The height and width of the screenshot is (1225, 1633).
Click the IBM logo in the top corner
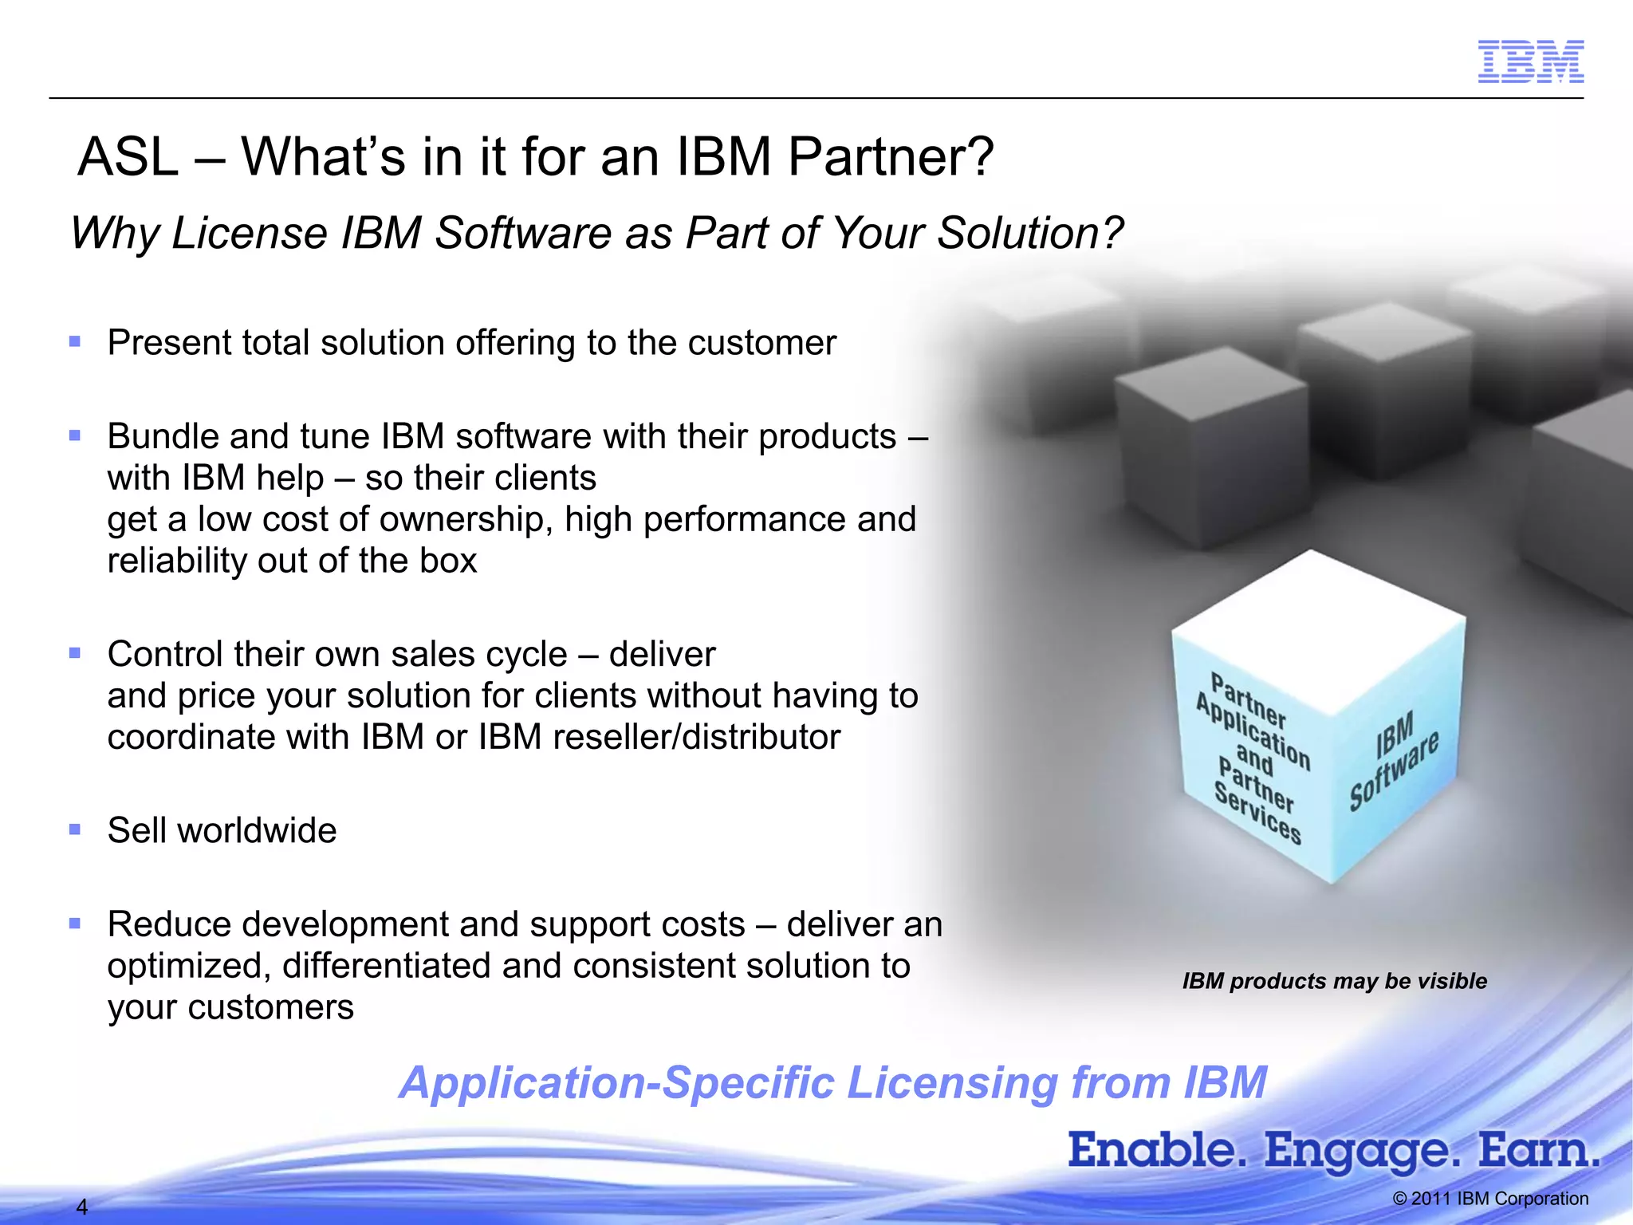point(1530,61)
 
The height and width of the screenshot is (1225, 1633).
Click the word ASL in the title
point(128,157)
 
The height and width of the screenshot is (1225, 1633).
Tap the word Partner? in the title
point(891,157)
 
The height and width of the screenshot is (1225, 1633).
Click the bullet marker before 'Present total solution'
point(75,342)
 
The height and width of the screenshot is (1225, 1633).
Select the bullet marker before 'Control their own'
point(75,653)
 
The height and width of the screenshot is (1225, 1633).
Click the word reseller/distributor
point(696,737)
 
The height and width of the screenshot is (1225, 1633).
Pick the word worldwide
point(257,831)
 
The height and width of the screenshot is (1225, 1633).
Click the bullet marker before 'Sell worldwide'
point(75,830)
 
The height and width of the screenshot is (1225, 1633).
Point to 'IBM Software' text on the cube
point(1394,761)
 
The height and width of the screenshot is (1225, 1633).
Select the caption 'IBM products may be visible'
point(1334,981)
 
